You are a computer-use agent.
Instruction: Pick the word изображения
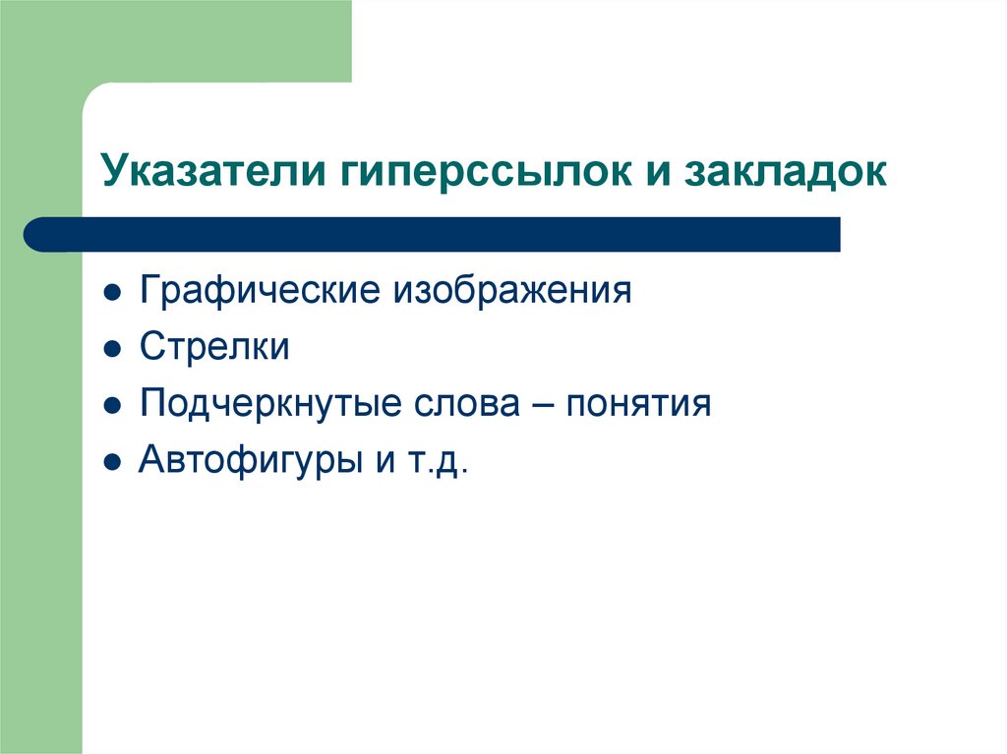tap(512, 292)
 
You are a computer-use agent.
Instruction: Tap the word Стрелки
tap(214, 348)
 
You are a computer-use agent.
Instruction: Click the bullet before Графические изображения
tap(114, 294)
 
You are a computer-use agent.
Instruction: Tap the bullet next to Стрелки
tap(114, 350)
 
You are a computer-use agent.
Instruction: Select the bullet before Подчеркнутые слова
tap(114, 406)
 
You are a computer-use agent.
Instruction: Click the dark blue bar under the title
tap(443, 235)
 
